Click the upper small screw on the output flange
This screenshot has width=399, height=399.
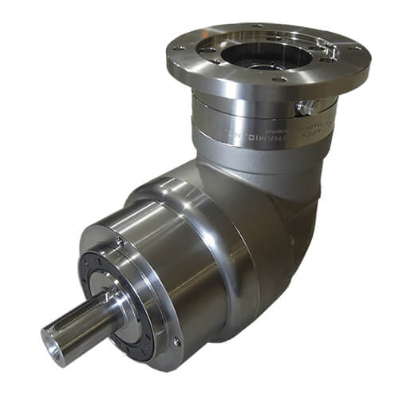(119, 240)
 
